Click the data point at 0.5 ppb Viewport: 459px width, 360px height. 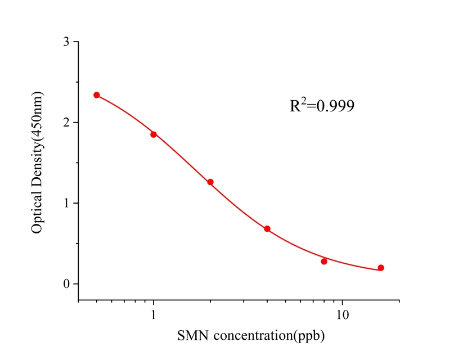pyautogui.click(x=97, y=95)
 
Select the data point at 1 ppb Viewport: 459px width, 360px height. pyautogui.click(x=154, y=134)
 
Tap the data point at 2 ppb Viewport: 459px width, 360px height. pyautogui.click(x=210, y=182)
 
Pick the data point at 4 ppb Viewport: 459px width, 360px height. pyautogui.click(x=267, y=229)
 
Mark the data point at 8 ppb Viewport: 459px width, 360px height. pyautogui.click(x=324, y=262)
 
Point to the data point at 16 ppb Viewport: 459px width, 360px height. pyautogui.click(x=381, y=268)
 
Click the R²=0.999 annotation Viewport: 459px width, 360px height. pyautogui.click(x=322, y=105)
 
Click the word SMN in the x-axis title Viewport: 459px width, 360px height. pyautogui.click(x=191, y=336)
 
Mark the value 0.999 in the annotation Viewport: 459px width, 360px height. pyautogui.click(x=336, y=106)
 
